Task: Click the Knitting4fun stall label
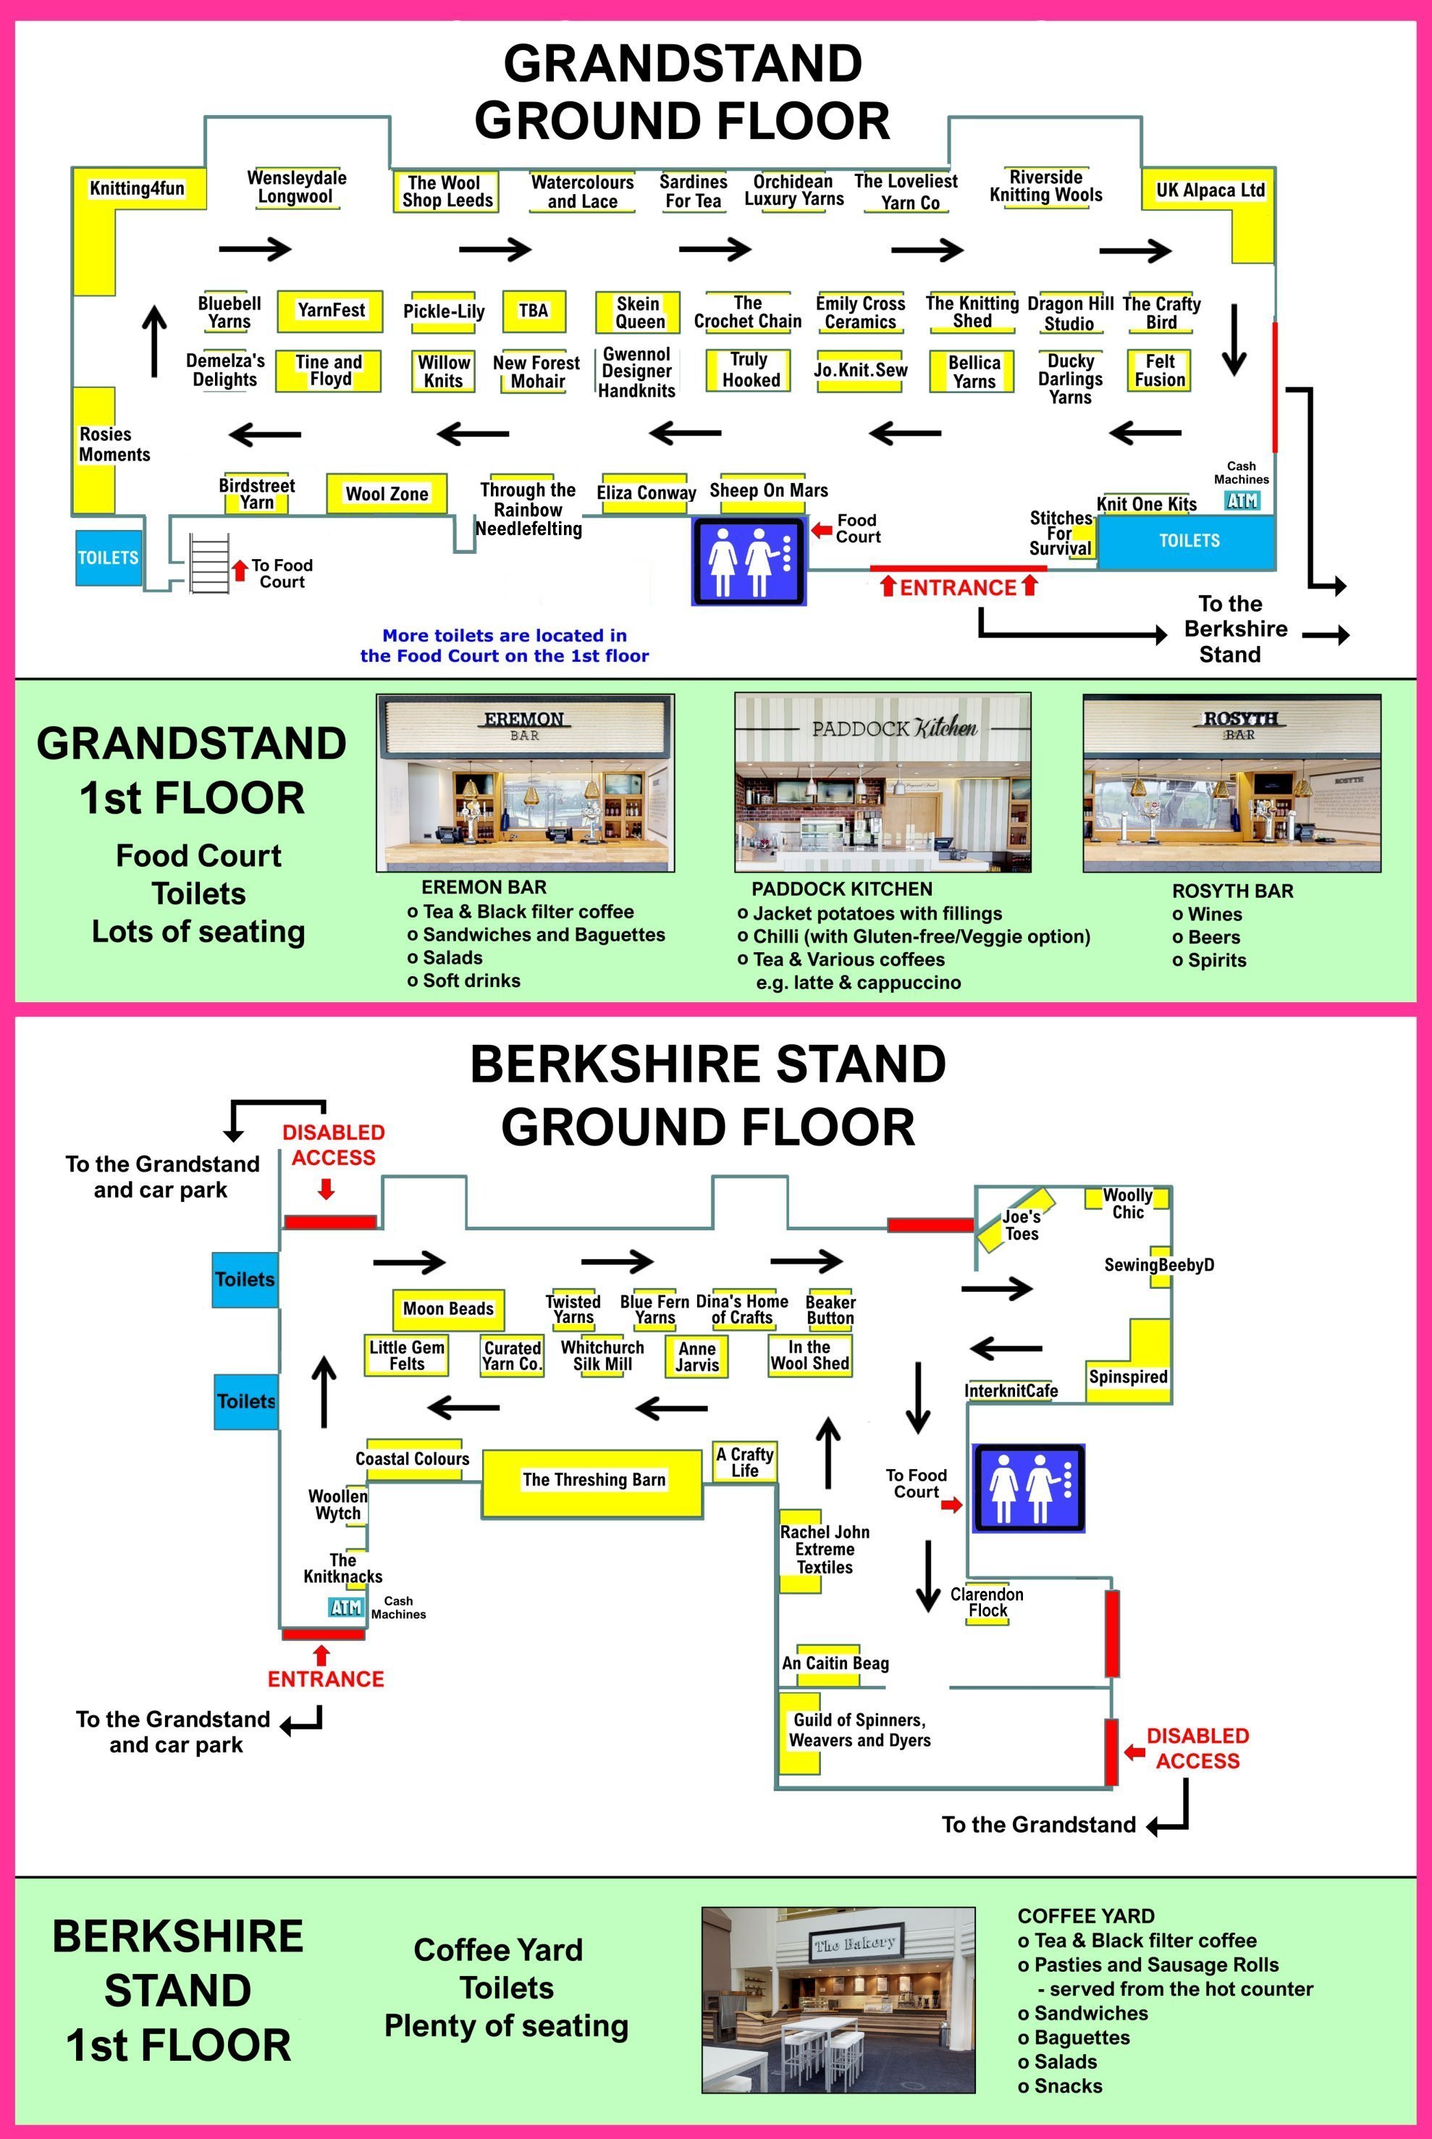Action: coord(137,189)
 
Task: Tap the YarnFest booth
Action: coord(331,311)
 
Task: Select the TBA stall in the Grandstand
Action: coord(534,311)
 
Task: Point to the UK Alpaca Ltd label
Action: coord(1210,190)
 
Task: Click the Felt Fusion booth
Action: coord(1160,371)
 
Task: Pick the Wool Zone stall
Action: coord(387,494)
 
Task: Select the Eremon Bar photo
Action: coord(525,783)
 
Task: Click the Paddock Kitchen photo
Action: coord(883,783)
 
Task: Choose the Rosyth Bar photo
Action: coord(1231,783)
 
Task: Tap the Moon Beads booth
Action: coord(448,1308)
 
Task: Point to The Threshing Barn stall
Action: coord(594,1479)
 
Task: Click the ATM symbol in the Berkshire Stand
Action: coord(346,1607)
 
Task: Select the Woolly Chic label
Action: coord(1128,1203)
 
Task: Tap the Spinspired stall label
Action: coord(1128,1377)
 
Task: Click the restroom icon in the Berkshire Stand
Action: coord(1028,1488)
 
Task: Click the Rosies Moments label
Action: coord(114,445)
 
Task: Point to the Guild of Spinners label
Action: coord(859,1730)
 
